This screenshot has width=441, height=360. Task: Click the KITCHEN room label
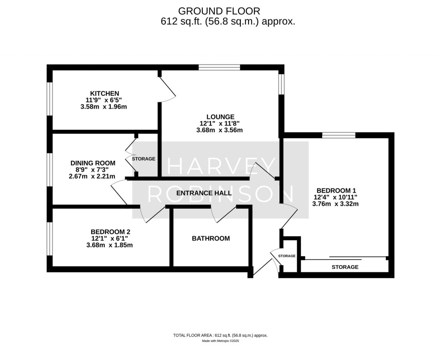pyautogui.click(x=104, y=94)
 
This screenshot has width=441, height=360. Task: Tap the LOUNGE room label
pyautogui.click(x=220, y=116)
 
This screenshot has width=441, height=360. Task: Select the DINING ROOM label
pyautogui.click(x=93, y=163)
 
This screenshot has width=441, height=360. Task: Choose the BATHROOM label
pyautogui.click(x=211, y=238)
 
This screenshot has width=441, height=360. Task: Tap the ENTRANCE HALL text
pyautogui.click(x=204, y=193)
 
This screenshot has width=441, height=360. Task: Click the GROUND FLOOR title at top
pyautogui.click(x=219, y=10)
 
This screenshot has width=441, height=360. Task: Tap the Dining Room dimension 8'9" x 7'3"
pyautogui.click(x=93, y=169)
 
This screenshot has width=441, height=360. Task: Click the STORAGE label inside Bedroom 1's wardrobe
pyautogui.click(x=345, y=267)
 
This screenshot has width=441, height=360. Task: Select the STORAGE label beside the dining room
pyautogui.click(x=143, y=159)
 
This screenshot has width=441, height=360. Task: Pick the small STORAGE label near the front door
pyautogui.click(x=287, y=256)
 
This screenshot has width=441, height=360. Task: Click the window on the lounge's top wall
pyautogui.click(x=219, y=67)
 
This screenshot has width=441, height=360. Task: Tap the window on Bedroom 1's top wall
pyautogui.click(x=339, y=135)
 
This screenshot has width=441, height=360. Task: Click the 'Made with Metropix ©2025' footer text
pyautogui.click(x=220, y=341)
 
